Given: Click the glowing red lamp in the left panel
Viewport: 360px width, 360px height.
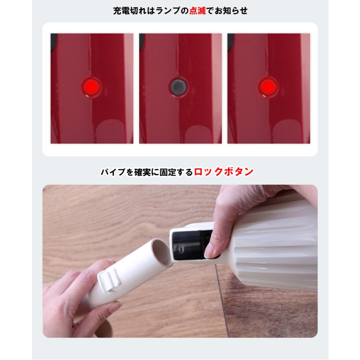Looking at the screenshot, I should point(91,85).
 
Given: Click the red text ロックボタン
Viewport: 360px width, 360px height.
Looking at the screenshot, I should point(224,172).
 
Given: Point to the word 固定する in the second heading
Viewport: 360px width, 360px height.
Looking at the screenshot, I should point(175,172).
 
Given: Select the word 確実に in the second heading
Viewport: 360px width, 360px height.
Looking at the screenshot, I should point(144,172).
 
